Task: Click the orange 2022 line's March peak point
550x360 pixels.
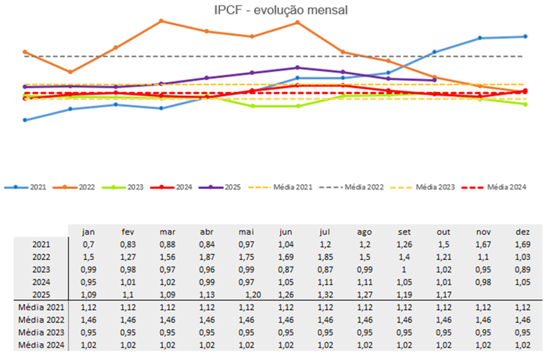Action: coord(161,21)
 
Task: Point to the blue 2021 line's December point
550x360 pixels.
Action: coord(525,37)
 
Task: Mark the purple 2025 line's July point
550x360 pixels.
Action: coord(297,68)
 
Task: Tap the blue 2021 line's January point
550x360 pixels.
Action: coord(25,120)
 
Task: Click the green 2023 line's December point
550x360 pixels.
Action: coord(525,104)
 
